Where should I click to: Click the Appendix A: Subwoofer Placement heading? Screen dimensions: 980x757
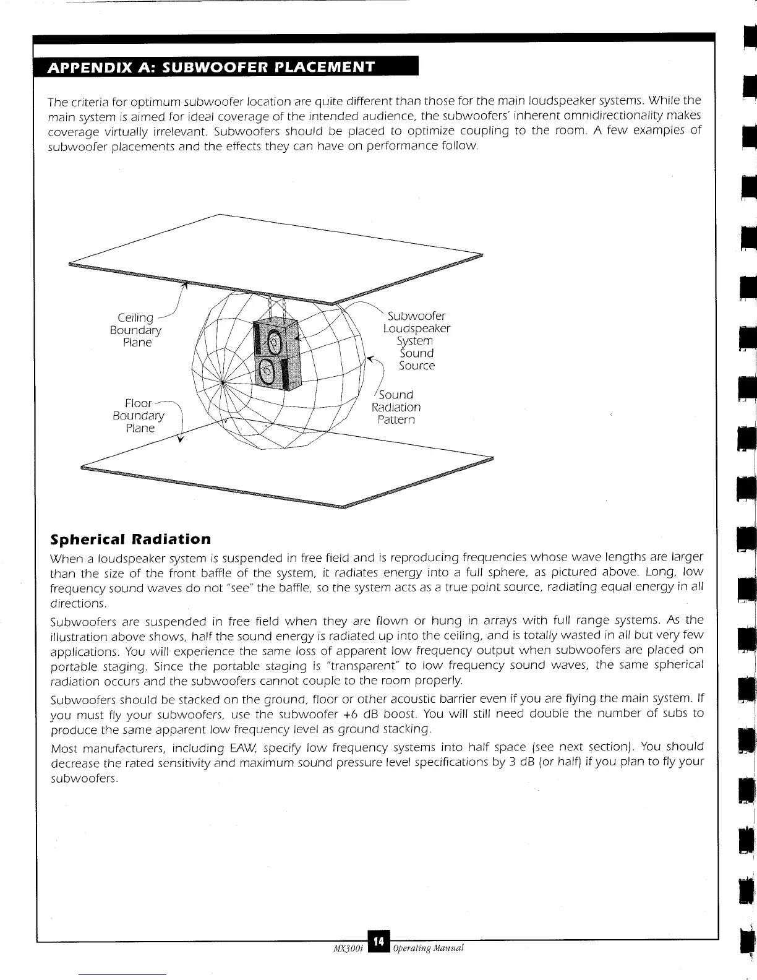211,67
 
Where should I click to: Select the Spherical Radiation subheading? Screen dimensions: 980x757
130,539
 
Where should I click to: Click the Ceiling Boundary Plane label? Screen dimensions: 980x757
136,330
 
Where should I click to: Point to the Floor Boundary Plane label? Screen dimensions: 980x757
139,415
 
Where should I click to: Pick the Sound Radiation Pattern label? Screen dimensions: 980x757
396,407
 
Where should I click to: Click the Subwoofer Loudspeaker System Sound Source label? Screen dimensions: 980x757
416,340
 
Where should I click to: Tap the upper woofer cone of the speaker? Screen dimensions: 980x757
274,340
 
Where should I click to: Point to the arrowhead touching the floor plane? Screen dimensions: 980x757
181,440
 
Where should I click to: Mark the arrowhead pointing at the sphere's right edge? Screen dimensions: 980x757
370,358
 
